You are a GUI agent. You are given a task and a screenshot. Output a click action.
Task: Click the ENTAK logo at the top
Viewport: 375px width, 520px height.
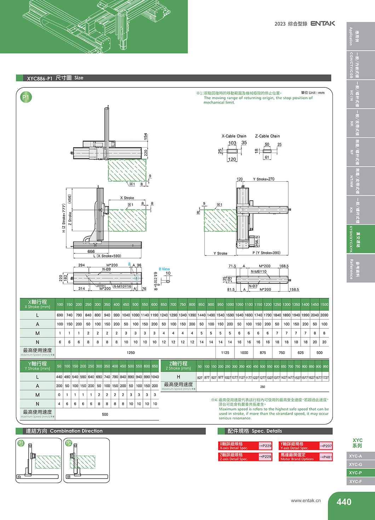pos(323,23)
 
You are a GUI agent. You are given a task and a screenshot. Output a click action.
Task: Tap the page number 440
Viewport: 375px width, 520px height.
pos(344,502)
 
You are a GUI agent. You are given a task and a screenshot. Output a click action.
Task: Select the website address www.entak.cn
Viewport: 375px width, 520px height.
pos(306,501)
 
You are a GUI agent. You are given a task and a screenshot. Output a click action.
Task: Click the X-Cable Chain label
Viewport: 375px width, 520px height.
pos(234,136)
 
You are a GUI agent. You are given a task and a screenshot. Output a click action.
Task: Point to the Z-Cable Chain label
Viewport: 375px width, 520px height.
pos(267,136)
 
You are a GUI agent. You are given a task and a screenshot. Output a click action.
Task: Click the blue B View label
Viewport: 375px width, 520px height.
pos(164,269)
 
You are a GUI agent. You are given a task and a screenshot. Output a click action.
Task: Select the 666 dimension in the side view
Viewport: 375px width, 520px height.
pos(91,252)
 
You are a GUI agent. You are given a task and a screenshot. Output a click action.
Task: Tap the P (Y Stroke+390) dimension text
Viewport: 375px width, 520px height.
pos(266,253)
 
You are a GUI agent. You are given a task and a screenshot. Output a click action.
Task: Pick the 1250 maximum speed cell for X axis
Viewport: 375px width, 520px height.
pos(131,353)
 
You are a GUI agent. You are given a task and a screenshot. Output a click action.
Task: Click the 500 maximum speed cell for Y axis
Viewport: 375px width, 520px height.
pos(105,414)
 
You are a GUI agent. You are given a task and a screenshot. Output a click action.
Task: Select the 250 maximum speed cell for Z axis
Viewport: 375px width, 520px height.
pos(262,387)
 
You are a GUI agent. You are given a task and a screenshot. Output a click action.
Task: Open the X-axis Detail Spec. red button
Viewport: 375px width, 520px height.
pos(246,446)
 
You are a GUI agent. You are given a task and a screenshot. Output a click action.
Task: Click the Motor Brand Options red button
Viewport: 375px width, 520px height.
pos(306,457)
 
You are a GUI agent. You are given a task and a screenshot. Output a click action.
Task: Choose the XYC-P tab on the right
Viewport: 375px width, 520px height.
pos(356,473)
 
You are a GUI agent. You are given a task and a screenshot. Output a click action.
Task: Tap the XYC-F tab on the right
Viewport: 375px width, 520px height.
pos(356,481)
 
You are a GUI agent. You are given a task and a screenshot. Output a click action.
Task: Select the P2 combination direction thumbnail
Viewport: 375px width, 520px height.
pos(86,460)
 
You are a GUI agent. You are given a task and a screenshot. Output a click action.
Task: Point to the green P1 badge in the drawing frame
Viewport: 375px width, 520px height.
pos(26,97)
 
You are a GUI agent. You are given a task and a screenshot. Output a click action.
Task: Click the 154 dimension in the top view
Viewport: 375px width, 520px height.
pos(145,137)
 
